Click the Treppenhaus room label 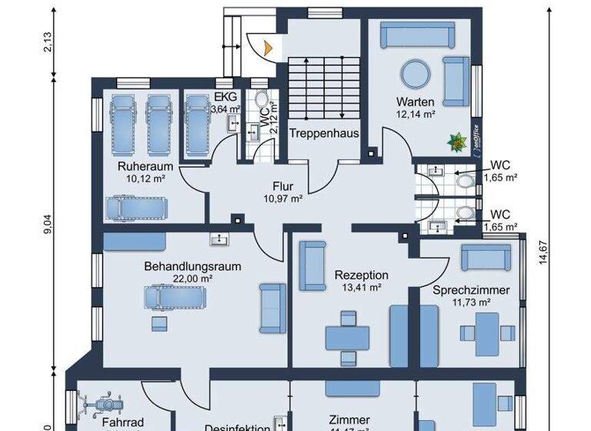click(324, 133)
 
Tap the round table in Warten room click(416, 75)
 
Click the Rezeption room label click(361, 275)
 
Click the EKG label click(225, 97)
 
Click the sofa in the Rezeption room click(312, 266)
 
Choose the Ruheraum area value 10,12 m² click(145, 179)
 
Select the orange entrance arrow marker click(266, 46)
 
